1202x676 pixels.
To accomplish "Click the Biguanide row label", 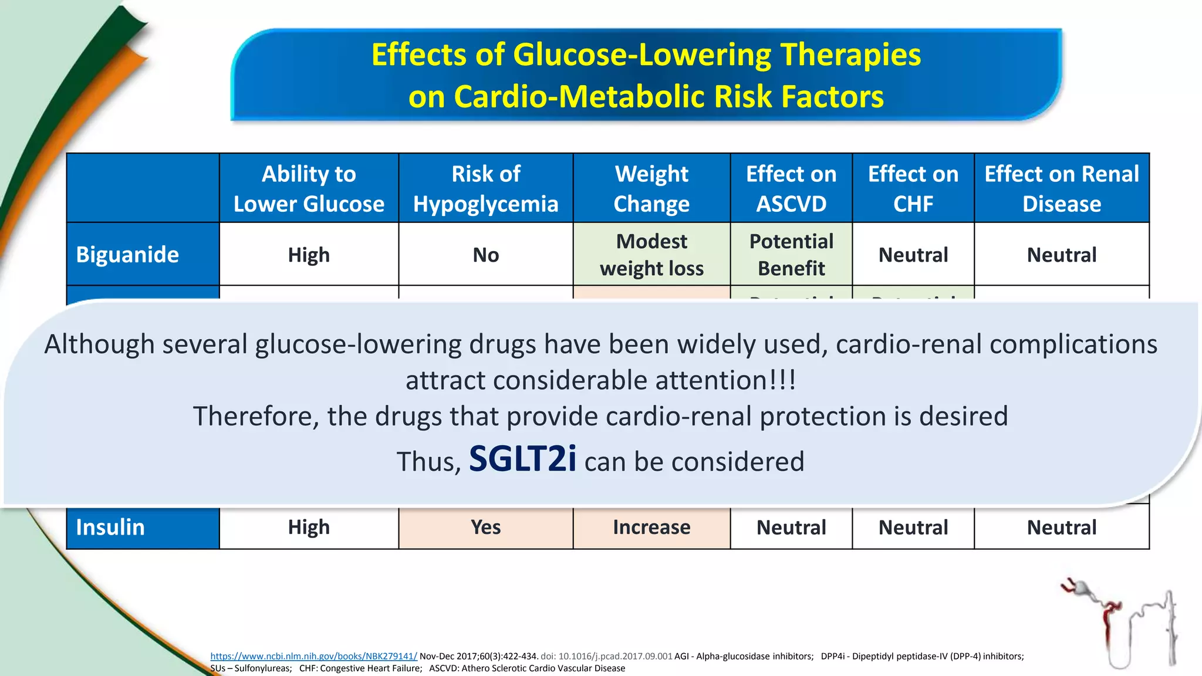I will click(x=127, y=255).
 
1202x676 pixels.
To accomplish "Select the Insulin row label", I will click(x=110, y=527).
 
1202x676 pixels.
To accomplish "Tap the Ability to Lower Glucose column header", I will click(x=309, y=188).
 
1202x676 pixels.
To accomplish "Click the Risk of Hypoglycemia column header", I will click(x=485, y=188).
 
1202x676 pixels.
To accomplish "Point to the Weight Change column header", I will click(x=651, y=188).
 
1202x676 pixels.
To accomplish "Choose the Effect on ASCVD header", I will click(x=791, y=188).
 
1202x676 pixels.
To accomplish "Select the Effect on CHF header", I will click(x=913, y=188).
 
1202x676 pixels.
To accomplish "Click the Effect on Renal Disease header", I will click(x=1062, y=188).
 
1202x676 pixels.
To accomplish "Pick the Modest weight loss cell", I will click(x=651, y=255).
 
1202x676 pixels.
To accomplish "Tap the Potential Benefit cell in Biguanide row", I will click(x=791, y=255).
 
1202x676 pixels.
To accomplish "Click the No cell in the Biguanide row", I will click(x=485, y=255).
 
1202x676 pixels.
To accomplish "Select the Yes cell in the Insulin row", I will click(x=485, y=527).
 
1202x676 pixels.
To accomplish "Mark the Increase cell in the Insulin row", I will click(x=651, y=527).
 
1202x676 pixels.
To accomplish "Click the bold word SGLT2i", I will click(x=522, y=459).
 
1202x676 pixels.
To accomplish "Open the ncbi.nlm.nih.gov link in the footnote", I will click(x=313, y=656).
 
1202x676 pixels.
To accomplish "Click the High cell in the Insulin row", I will click(x=309, y=527).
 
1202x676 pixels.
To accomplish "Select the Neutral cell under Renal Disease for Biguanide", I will click(x=1062, y=255).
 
